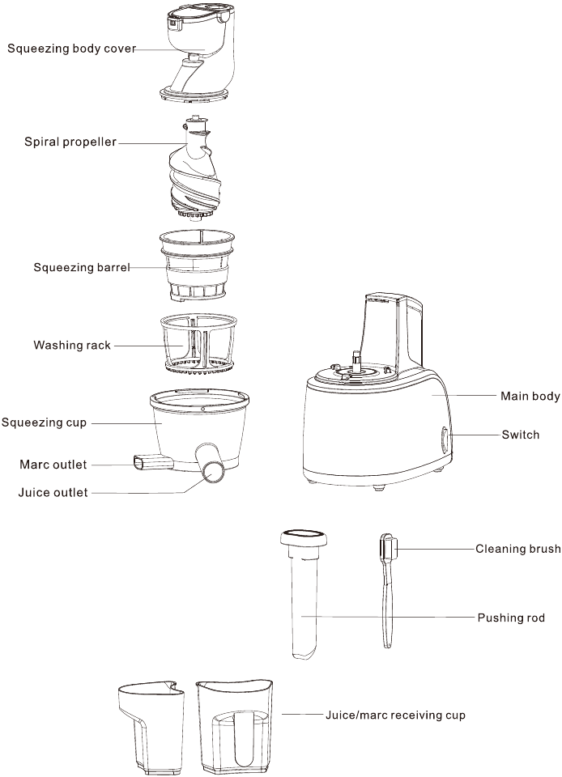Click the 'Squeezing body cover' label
click(71, 49)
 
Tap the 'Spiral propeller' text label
click(70, 142)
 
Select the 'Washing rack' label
click(72, 345)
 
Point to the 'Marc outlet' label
click(53, 465)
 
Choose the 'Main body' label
click(530, 397)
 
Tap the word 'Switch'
click(520, 435)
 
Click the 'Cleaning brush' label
click(518, 549)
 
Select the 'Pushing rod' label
click(511, 618)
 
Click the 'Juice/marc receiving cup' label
click(395, 715)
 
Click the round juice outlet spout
click(215, 472)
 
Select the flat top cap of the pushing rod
click(303, 538)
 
